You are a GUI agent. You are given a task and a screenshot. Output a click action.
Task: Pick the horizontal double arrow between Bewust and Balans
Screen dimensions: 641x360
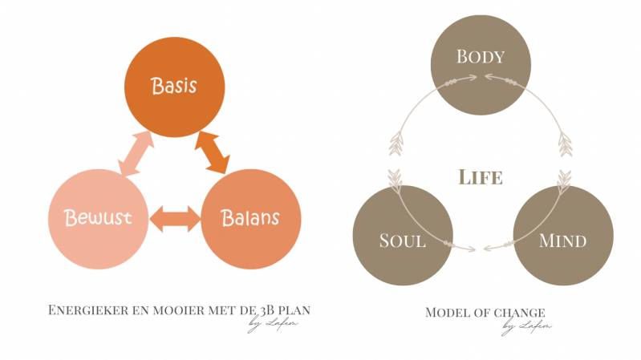click(174, 217)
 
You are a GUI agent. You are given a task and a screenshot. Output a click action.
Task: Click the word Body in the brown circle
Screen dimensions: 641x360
click(480, 57)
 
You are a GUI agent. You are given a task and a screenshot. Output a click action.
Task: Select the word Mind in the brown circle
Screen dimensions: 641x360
click(562, 240)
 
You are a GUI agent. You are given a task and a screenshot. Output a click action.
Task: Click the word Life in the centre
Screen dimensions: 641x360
click(481, 176)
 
